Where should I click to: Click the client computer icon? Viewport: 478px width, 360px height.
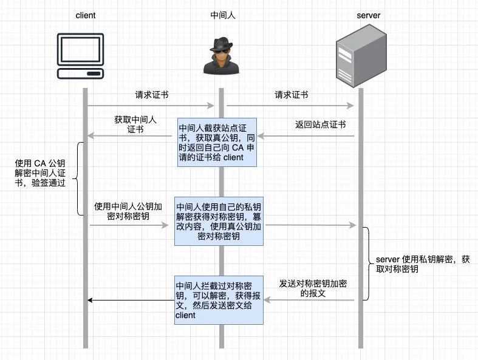(86, 56)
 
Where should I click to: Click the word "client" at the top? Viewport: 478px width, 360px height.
(86, 15)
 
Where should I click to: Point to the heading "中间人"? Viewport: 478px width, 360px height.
(222, 15)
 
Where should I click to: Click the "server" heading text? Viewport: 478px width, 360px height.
(367, 15)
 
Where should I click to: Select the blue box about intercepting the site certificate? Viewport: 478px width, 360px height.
(216, 143)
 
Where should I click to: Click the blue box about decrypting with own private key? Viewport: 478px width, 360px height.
(219, 221)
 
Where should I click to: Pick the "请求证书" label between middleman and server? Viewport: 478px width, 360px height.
(292, 95)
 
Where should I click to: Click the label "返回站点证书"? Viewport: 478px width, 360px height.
(321, 125)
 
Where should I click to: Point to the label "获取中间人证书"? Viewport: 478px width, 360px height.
(135, 124)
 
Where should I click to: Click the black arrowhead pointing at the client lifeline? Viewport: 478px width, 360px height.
(90, 300)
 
